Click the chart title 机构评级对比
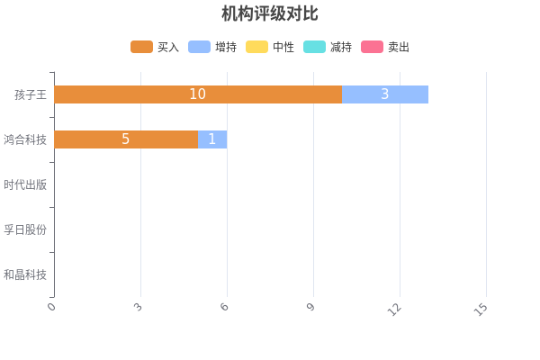click(270, 13)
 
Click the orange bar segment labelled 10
click(198, 94)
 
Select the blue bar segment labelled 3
click(385, 94)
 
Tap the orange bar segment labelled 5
click(126, 139)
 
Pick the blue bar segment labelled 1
click(212, 139)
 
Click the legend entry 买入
click(155, 47)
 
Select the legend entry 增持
click(212, 47)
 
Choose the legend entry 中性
click(270, 47)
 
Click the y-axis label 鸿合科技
click(25, 139)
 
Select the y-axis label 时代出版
click(25, 184)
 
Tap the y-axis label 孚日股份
click(25, 229)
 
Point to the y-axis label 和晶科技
click(25, 274)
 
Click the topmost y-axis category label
click(31, 94)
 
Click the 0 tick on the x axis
click(52, 309)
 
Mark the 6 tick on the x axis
click(225, 309)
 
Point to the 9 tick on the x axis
click(311, 309)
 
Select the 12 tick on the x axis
click(395, 310)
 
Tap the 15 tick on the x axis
click(481, 310)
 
